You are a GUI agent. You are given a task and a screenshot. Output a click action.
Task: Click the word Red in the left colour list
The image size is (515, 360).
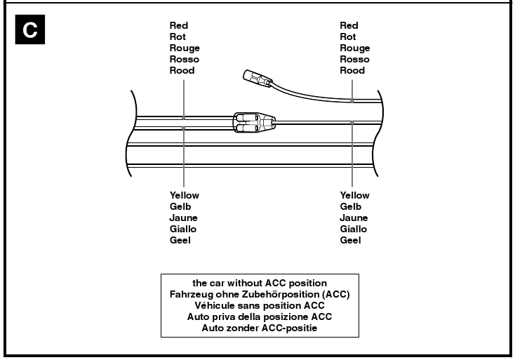click(178, 26)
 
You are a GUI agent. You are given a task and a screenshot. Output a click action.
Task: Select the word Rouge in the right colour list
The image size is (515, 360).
click(354, 48)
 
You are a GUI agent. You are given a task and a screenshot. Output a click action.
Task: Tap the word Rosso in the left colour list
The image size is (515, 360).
click(184, 60)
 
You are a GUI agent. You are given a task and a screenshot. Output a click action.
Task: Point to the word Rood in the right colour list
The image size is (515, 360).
click(352, 71)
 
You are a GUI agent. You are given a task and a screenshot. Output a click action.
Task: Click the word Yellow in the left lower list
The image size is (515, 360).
click(184, 195)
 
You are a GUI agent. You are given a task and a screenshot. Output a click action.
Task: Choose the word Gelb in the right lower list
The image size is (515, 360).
click(350, 206)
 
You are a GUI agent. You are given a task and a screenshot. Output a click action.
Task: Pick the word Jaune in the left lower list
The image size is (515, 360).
click(183, 218)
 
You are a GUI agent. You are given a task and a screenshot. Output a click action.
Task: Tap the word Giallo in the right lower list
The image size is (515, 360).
click(354, 229)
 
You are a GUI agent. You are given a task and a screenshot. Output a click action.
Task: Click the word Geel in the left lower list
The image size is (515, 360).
click(180, 240)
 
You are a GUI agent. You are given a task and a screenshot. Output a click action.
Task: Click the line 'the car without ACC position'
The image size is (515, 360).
click(260, 283)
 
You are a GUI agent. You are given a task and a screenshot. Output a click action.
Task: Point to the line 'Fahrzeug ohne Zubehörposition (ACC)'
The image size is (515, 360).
click(260, 294)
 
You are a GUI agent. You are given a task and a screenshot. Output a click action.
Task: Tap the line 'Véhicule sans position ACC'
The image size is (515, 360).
click(260, 305)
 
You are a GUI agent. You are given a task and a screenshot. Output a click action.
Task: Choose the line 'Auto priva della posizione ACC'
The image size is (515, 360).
click(260, 316)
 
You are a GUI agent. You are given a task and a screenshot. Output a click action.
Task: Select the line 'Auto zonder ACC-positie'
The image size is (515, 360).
click(260, 328)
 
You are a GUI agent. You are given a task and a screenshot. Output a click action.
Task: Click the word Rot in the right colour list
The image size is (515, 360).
click(347, 37)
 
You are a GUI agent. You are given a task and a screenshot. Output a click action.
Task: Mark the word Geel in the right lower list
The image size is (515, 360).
click(350, 240)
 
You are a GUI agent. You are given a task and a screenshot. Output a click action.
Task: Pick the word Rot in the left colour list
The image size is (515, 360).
click(178, 37)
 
